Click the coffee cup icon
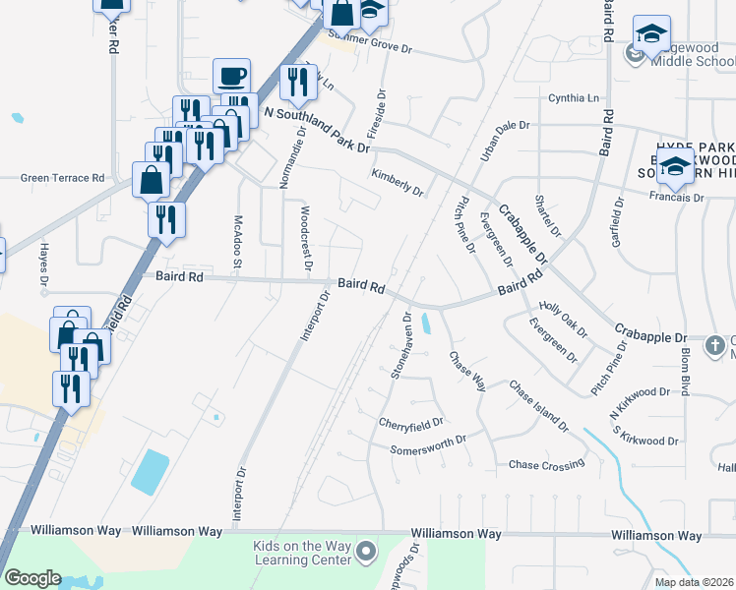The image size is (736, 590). coord(232,76)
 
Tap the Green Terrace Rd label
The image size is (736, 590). coord(63,178)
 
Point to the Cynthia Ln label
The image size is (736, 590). coord(574,98)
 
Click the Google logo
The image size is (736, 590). coord(32,578)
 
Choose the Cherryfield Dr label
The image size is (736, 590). coord(411,422)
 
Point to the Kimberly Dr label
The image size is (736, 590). coord(397,182)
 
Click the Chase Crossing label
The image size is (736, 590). coord(546,464)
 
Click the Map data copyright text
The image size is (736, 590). coord(695,582)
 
